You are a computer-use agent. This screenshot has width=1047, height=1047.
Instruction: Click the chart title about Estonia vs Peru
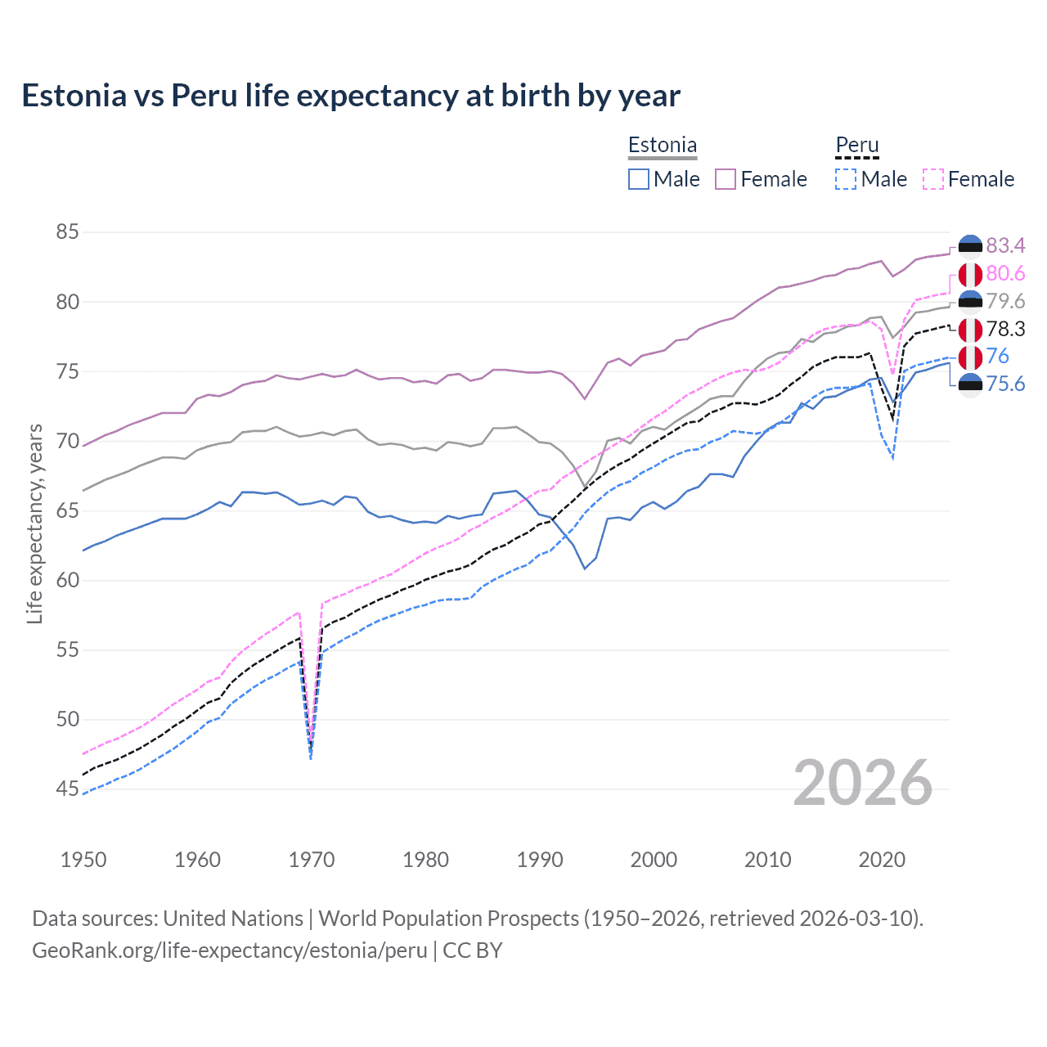(x=350, y=96)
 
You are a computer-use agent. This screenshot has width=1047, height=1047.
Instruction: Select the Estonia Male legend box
(x=639, y=179)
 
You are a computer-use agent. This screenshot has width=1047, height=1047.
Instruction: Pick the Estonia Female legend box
(x=726, y=179)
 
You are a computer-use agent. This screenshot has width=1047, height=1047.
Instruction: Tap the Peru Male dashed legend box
(x=846, y=179)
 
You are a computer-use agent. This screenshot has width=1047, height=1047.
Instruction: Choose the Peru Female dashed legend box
(x=933, y=179)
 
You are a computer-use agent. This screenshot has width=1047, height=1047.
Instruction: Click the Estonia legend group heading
(x=663, y=146)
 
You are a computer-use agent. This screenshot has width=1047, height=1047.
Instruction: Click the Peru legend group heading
(x=856, y=146)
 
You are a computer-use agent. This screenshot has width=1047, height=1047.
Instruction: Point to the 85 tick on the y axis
(x=67, y=232)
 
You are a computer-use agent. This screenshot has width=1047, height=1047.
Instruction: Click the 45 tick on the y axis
(x=67, y=789)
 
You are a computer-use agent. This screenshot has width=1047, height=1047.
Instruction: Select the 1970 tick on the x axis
(x=312, y=860)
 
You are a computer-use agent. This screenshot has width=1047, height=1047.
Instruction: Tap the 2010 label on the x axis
(x=767, y=860)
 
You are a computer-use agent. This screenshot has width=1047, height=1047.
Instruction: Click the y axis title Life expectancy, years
(x=34, y=523)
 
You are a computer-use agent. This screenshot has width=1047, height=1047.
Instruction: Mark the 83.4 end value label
(x=1005, y=246)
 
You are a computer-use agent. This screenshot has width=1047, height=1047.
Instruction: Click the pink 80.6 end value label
(x=1005, y=273)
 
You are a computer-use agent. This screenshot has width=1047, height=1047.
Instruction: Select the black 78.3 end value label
(x=1005, y=329)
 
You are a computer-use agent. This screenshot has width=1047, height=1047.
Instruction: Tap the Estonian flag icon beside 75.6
(x=970, y=384)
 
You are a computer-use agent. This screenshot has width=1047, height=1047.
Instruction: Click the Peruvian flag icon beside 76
(x=970, y=357)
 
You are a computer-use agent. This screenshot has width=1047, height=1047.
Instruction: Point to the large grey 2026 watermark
(x=862, y=783)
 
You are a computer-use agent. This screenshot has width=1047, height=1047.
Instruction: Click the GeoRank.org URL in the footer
(x=230, y=950)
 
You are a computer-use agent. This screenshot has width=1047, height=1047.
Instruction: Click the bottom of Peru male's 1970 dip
(x=311, y=758)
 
